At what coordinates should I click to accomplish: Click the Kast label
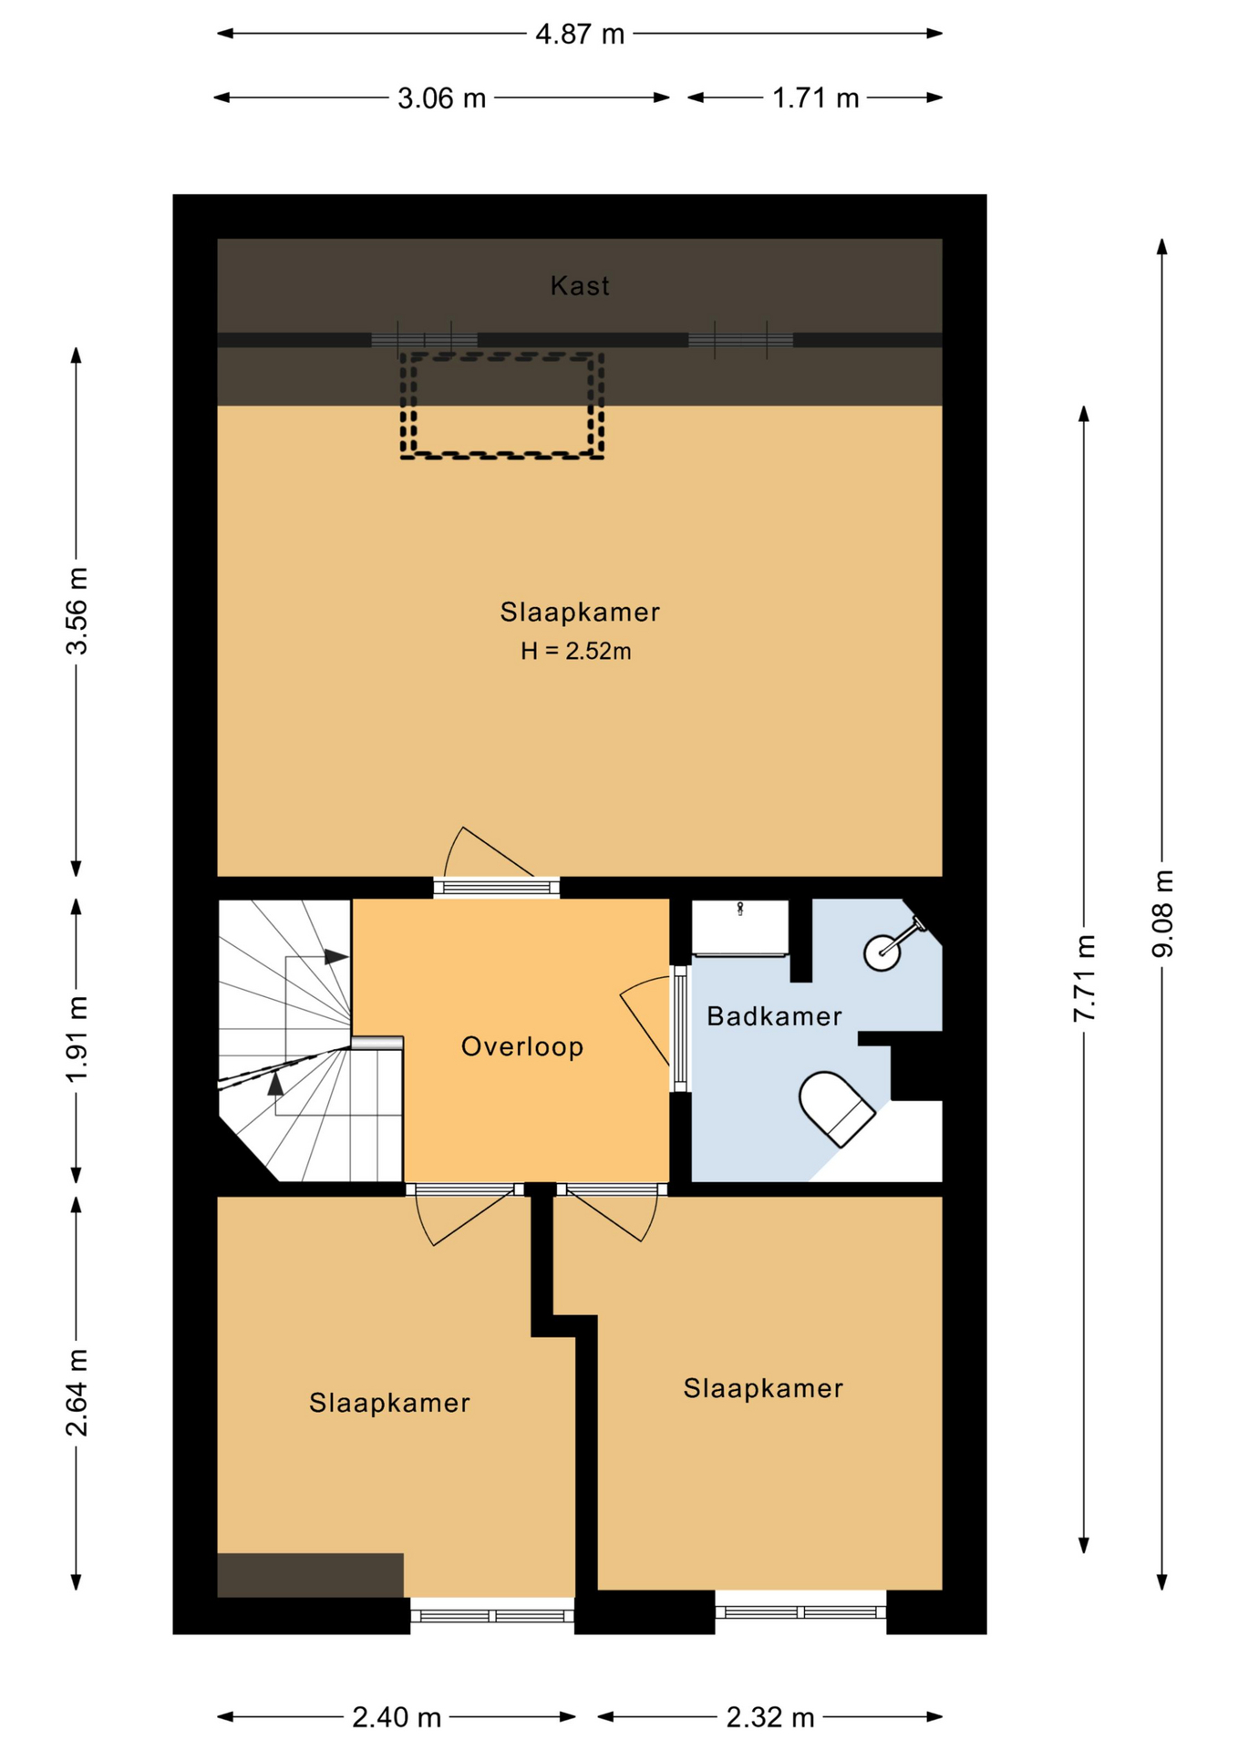tap(580, 286)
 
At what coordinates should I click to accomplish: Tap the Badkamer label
tap(774, 1016)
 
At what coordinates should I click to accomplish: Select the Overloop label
tap(522, 1046)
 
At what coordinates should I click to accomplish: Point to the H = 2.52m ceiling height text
tap(576, 651)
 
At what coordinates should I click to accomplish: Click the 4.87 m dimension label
tap(580, 35)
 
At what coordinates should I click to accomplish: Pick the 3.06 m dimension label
tap(442, 98)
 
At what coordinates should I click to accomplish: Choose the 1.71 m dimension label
tap(816, 98)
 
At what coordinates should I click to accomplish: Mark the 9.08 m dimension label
tap(1162, 913)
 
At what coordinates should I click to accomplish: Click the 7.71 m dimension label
tap(1084, 978)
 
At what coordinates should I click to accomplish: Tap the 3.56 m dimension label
tap(77, 611)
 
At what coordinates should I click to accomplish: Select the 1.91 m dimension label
tap(77, 1039)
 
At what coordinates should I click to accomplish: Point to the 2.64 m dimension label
tap(77, 1393)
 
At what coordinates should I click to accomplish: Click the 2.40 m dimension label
tap(397, 1718)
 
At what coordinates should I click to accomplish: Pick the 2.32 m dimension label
tap(770, 1718)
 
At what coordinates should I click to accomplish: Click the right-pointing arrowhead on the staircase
tap(336, 957)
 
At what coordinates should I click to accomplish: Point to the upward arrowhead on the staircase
tap(275, 1083)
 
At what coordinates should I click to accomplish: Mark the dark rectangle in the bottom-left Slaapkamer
tap(310, 1575)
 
